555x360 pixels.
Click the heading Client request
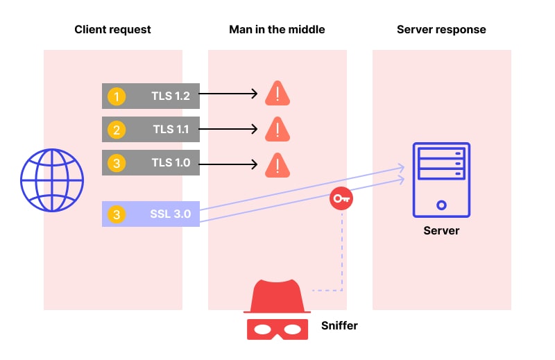coord(112,30)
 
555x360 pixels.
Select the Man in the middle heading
coord(277,30)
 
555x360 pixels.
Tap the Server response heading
coord(441,30)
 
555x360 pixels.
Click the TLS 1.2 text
coord(171,96)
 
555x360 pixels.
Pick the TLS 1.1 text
coord(171,130)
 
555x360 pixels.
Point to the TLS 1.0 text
coord(171,164)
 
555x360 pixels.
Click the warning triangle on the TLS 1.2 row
coord(277,94)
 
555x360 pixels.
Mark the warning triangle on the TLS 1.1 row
coord(277,128)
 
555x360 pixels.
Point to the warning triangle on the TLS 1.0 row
coord(277,164)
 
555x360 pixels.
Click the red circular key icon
coord(341,199)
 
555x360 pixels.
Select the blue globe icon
coord(52,180)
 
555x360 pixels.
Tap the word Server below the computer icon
coord(441,230)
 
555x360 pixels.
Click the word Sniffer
coord(339,325)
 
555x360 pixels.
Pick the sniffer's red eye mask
coord(277,327)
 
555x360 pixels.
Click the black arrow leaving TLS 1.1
coord(229,130)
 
